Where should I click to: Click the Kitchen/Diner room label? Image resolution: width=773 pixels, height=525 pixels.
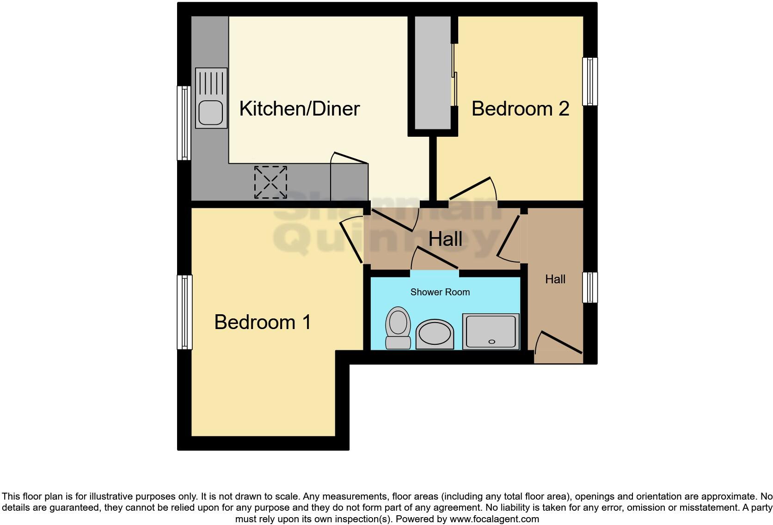tap(299, 109)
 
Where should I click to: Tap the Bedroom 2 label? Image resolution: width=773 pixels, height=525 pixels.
tap(520, 109)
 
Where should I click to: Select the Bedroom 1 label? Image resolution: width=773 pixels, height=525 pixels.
tap(262, 322)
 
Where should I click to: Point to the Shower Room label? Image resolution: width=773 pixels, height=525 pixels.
tap(440, 292)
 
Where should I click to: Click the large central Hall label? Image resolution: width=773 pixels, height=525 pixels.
tap(445, 239)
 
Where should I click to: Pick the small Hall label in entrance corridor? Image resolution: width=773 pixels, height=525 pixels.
tap(555, 279)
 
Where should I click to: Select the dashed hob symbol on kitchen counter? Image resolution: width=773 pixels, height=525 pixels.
tap(270, 182)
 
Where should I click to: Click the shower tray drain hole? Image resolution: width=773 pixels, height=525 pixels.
tap(491, 342)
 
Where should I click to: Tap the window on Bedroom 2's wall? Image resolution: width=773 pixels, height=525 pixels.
tap(590, 81)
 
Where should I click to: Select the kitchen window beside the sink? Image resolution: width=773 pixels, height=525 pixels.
tap(184, 123)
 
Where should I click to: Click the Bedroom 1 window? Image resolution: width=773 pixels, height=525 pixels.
tap(184, 312)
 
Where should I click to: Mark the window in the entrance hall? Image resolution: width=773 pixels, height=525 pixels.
tap(590, 287)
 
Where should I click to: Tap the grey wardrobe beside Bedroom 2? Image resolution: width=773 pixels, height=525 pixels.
tap(433, 73)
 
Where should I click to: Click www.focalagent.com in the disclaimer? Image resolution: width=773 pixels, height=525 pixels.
tap(494, 519)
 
